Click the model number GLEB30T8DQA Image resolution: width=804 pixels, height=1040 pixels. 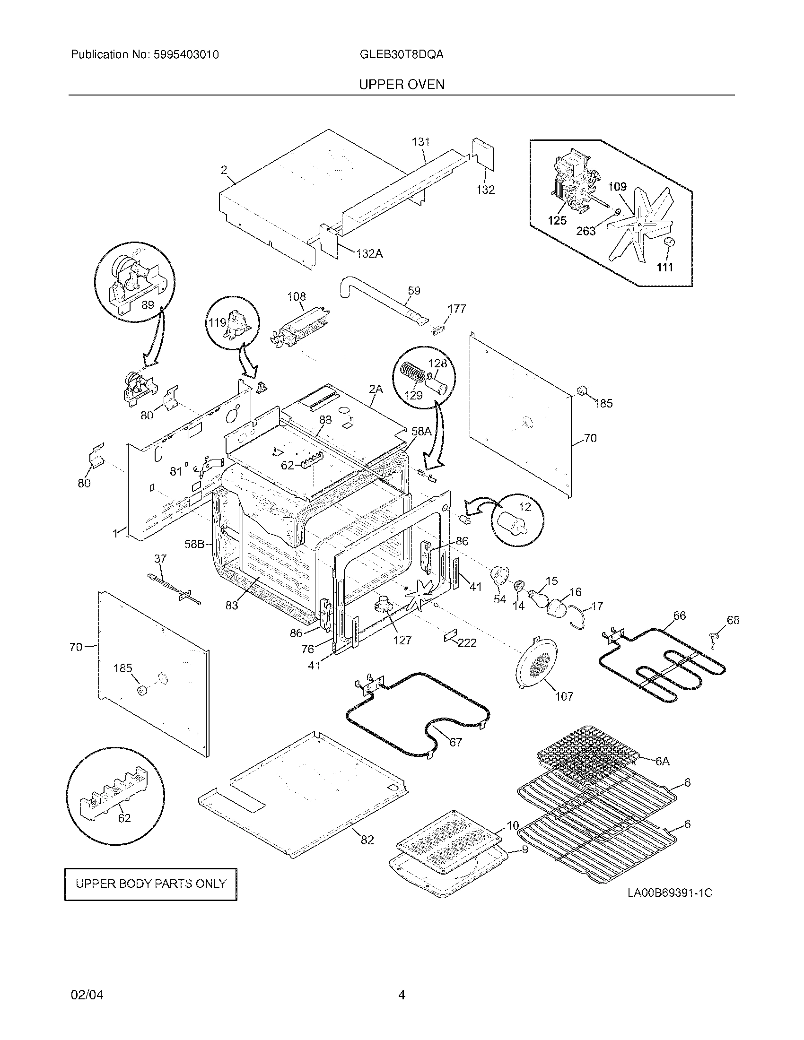coord(402,54)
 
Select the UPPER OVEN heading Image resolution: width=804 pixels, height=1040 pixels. coord(402,85)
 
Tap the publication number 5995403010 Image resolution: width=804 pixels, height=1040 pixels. coord(186,54)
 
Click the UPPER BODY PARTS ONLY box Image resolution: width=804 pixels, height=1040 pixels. coord(150,884)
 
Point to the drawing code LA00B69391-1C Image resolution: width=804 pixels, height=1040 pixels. coord(669,893)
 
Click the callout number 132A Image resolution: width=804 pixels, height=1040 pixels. coord(369,254)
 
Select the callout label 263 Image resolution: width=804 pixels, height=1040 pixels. coord(586,231)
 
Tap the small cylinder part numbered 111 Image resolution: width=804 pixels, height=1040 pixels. coord(670,242)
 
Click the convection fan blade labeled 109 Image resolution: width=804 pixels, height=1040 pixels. coord(638,224)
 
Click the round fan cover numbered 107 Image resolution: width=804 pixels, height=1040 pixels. coord(537,662)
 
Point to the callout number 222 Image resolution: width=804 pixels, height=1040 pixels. coord(467,643)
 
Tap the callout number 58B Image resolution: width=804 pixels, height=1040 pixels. coord(194,544)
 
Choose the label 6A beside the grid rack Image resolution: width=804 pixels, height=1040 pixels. coord(662,762)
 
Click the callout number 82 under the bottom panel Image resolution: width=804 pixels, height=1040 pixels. coord(367,841)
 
